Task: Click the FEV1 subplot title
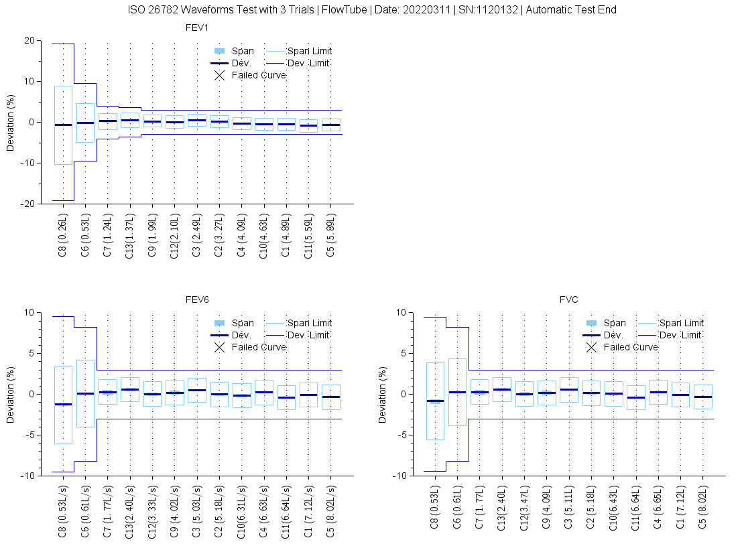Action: pyautogui.click(x=196, y=27)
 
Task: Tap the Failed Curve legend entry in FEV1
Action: pyautogui.click(x=259, y=75)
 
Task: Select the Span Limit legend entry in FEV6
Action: pyautogui.click(x=309, y=323)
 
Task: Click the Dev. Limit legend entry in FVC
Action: pyautogui.click(x=681, y=335)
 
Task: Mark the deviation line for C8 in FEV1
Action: pyautogui.click(x=63, y=125)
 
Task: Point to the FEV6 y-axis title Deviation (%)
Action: pyautogui.click(x=11, y=394)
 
